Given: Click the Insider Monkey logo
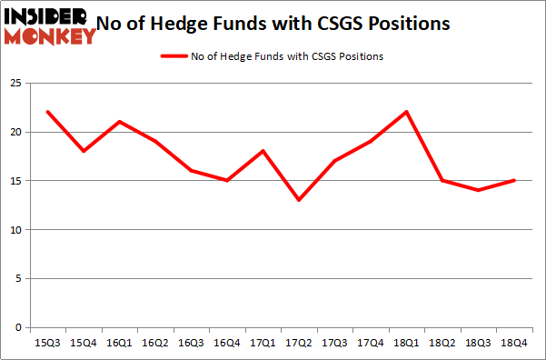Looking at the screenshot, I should pos(50,25).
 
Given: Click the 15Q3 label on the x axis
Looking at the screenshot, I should pos(48,344).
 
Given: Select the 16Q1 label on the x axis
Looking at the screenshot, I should pos(120,344).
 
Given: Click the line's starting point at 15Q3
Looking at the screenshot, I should pos(48,112).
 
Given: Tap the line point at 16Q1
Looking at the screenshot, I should pos(120,122).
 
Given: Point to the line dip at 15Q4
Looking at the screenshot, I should pos(84,151).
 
